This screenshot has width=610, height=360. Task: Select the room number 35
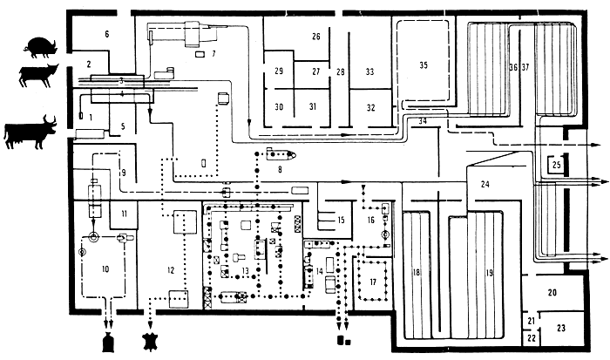click(424, 65)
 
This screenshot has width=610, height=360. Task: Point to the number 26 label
click(315, 37)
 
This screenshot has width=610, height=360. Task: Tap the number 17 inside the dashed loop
click(372, 282)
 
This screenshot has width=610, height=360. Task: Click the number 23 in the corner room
click(561, 329)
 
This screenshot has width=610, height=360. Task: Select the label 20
click(552, 293)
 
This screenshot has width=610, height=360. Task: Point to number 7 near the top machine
click(213, 54)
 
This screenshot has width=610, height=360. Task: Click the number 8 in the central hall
click(281, 171)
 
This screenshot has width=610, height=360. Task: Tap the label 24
click(485, 183)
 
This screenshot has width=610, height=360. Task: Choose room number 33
click(370, 71)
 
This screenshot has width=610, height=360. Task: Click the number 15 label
click(342, 220)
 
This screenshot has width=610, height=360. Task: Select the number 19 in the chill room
click(490, 273)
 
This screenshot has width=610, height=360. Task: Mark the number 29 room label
click(279, 71)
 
